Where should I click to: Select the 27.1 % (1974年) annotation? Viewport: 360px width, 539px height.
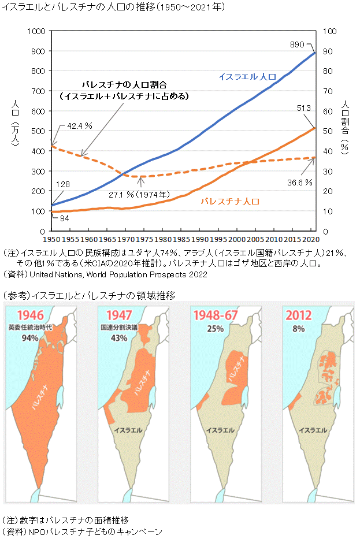click(x=143, y=194)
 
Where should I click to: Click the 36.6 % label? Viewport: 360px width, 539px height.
click(x=300, y=182)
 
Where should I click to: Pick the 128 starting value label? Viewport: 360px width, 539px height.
click(x=62, y=184)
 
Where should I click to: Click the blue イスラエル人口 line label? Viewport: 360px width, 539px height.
click(x=247, y=76)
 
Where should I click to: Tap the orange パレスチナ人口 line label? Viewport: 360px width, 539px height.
click(x=230, y=202)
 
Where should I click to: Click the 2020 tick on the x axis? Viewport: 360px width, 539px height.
click(x=311, y=239)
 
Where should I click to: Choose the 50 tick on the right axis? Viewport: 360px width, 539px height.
click(x=326, y=131)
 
